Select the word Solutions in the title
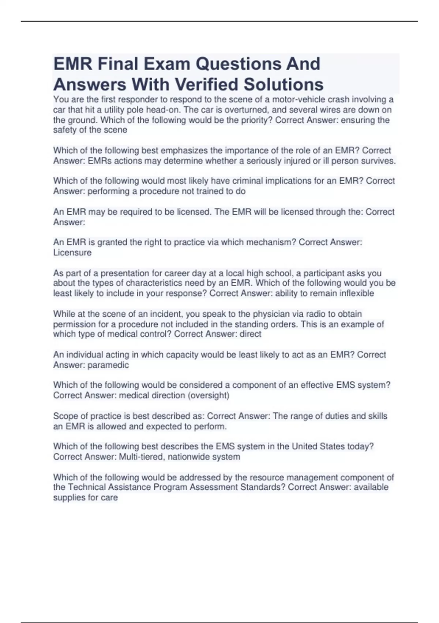coord(284,84)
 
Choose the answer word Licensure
coord(72,252)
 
